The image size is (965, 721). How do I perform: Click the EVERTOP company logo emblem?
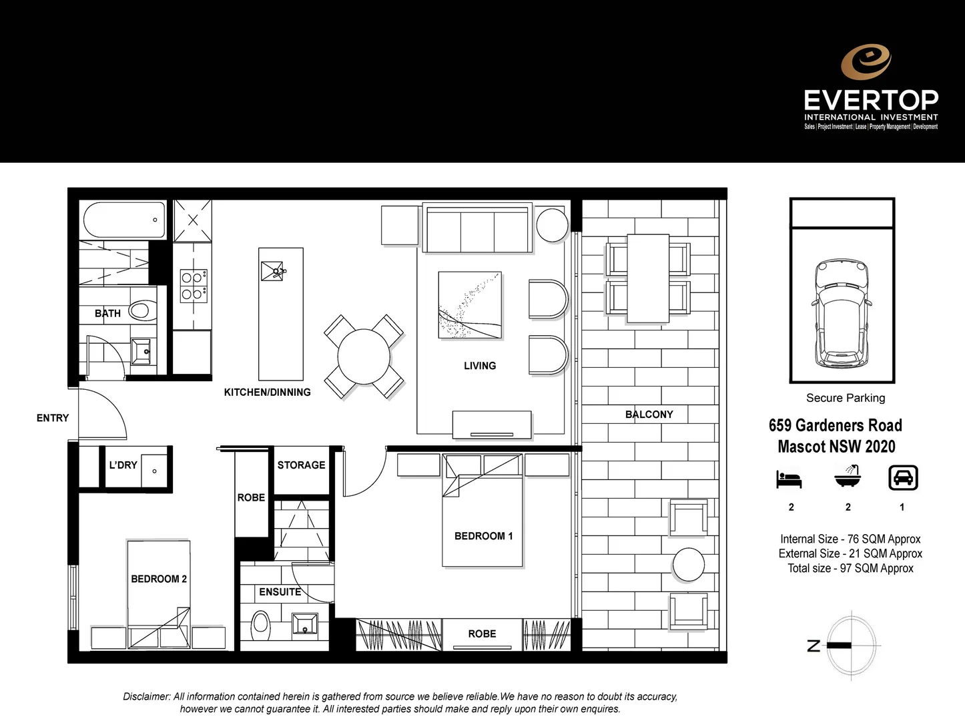[866, 61]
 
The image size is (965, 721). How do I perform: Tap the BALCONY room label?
[649, 415]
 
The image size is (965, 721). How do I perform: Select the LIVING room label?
[480, 366]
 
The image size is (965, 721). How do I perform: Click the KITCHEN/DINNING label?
[267, 393]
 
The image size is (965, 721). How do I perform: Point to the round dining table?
[364, 356]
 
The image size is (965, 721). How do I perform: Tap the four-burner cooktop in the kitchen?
[193, 286]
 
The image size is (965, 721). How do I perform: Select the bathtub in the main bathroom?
[123, 220]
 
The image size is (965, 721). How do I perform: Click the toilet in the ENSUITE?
[261, 626]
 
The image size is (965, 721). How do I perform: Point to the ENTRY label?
[53, 418]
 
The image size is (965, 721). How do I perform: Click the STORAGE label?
[301, 465]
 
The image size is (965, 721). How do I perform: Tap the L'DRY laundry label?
[123, 465]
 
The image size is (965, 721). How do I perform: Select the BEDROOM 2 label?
[159, 579]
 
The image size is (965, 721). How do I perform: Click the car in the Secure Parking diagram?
[842, 314]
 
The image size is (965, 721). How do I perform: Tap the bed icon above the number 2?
[789, 479]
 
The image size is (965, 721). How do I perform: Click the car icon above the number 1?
[903, 478]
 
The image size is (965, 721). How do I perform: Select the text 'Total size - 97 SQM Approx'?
[850, 569]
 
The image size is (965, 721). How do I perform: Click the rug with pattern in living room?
[470, 305]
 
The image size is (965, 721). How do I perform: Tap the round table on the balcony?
[688, 565]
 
